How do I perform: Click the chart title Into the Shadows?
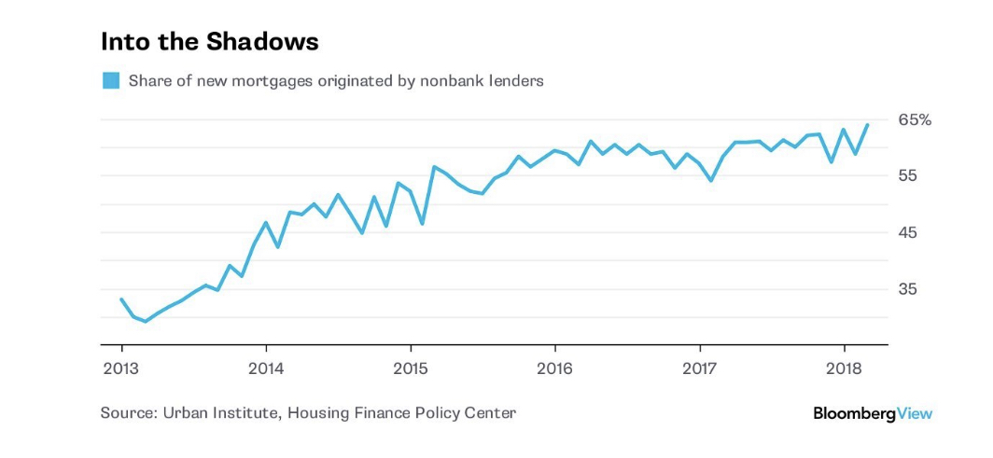[209, 42]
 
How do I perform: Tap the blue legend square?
[111, 80]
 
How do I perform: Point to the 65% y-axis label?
[915, 119]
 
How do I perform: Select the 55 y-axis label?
[907, 176]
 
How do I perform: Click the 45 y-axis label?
[907, 232]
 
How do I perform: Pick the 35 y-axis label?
[907, 289]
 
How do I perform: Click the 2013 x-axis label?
[121, 367]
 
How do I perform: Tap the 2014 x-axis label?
[266, 367]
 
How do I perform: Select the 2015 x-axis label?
[411, 367]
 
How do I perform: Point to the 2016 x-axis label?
[555, 367]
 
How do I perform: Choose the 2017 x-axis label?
[700, 367]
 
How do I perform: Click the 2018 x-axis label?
[845, 367]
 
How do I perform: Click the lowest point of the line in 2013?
[145, 321]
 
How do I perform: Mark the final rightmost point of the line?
[868, 124]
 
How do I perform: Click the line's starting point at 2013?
[121, 299]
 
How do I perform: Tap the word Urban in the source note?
[186, 412]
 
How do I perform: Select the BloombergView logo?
[873, 412]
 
